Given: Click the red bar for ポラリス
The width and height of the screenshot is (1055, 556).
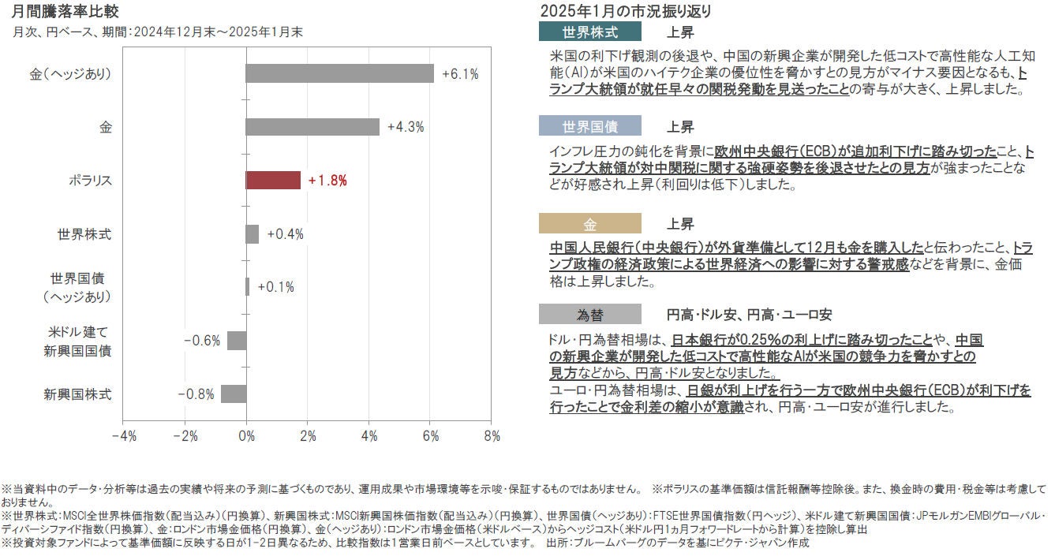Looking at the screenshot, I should [x=273, y=180].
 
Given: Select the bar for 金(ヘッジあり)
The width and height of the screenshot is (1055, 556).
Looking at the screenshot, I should [x=339, y=73].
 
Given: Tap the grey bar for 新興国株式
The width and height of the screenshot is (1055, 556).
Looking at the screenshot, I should [x=234, y=394].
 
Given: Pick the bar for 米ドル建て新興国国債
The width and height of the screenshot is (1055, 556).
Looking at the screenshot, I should [x=237, y=340].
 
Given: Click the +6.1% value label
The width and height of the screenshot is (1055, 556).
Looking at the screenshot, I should [x=460, y=74].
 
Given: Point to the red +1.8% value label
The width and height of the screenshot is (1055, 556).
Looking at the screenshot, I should [x=327, y=181].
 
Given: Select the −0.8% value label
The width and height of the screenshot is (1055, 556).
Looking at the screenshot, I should [x=196, y=394].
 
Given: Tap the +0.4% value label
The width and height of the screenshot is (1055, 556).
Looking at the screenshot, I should [x=285, y=234].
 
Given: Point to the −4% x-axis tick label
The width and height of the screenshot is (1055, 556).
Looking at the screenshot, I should [x=124, y=435].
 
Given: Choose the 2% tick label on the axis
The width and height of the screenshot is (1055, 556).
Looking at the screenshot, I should [x=308, y=435].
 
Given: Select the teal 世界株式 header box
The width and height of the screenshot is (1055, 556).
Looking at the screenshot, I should [x=589, y=32].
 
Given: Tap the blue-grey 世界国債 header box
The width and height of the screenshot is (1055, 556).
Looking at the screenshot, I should [x=589, y=126].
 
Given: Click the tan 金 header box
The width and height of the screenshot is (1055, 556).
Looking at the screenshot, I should [x=589, y=223].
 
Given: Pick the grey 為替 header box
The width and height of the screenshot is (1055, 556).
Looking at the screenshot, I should [x=589, y=315].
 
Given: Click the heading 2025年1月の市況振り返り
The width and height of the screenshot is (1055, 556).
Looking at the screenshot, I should [x=625, y=11].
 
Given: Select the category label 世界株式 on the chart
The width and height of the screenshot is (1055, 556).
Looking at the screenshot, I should [x=84, y=234].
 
